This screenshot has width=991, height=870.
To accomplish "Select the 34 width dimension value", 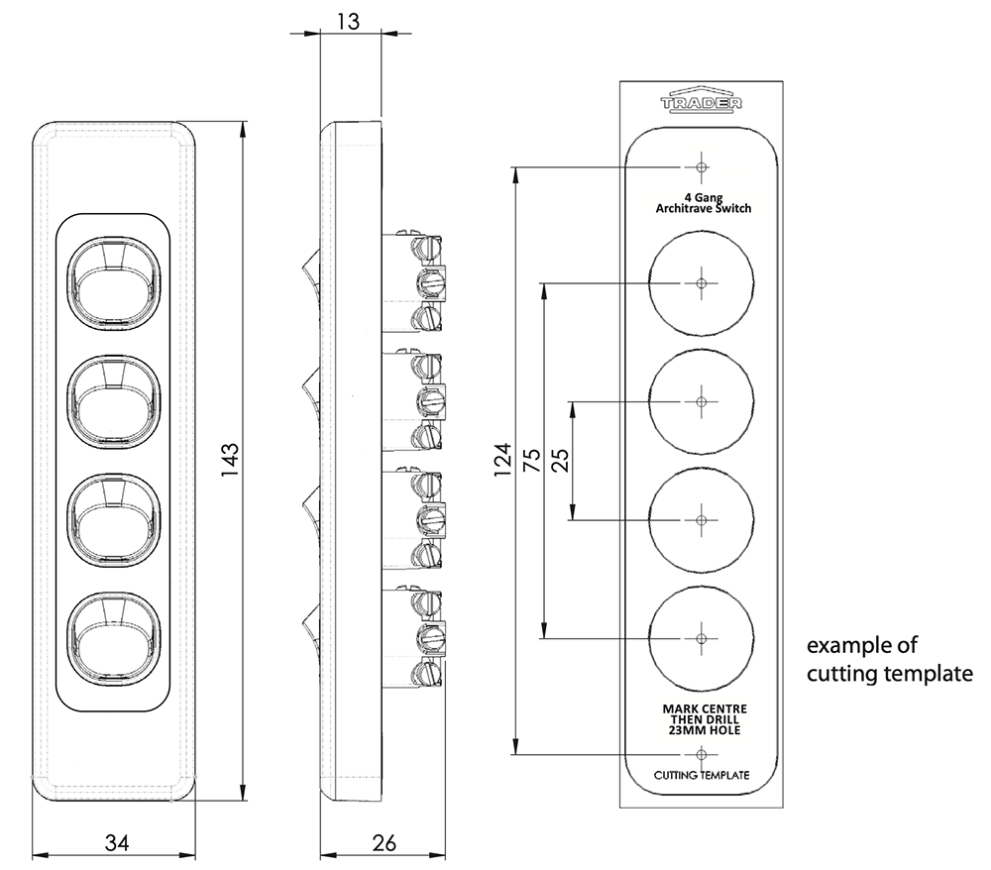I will tap(117, 843).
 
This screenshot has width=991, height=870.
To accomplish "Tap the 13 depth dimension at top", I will tap(350, 18).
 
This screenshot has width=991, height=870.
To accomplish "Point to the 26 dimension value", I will tap(384, 843).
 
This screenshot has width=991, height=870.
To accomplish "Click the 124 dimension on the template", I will tap(502, 461).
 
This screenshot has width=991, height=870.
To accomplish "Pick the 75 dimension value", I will tap(531, 460).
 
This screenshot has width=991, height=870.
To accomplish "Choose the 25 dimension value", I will tap(559, 460).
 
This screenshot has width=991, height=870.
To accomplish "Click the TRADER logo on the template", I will tap(702, 101).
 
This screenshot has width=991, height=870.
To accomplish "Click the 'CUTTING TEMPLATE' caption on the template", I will tap(702, 775).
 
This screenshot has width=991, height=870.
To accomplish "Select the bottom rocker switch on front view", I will tap(112, 635).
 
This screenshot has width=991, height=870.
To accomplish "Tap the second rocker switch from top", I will tap(112, 399).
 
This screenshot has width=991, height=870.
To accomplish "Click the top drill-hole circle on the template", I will tap(702, 283).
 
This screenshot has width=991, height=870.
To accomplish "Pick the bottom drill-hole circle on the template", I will tap(702, 637).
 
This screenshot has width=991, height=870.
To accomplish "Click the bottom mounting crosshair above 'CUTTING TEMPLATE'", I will tap(702, 754).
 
